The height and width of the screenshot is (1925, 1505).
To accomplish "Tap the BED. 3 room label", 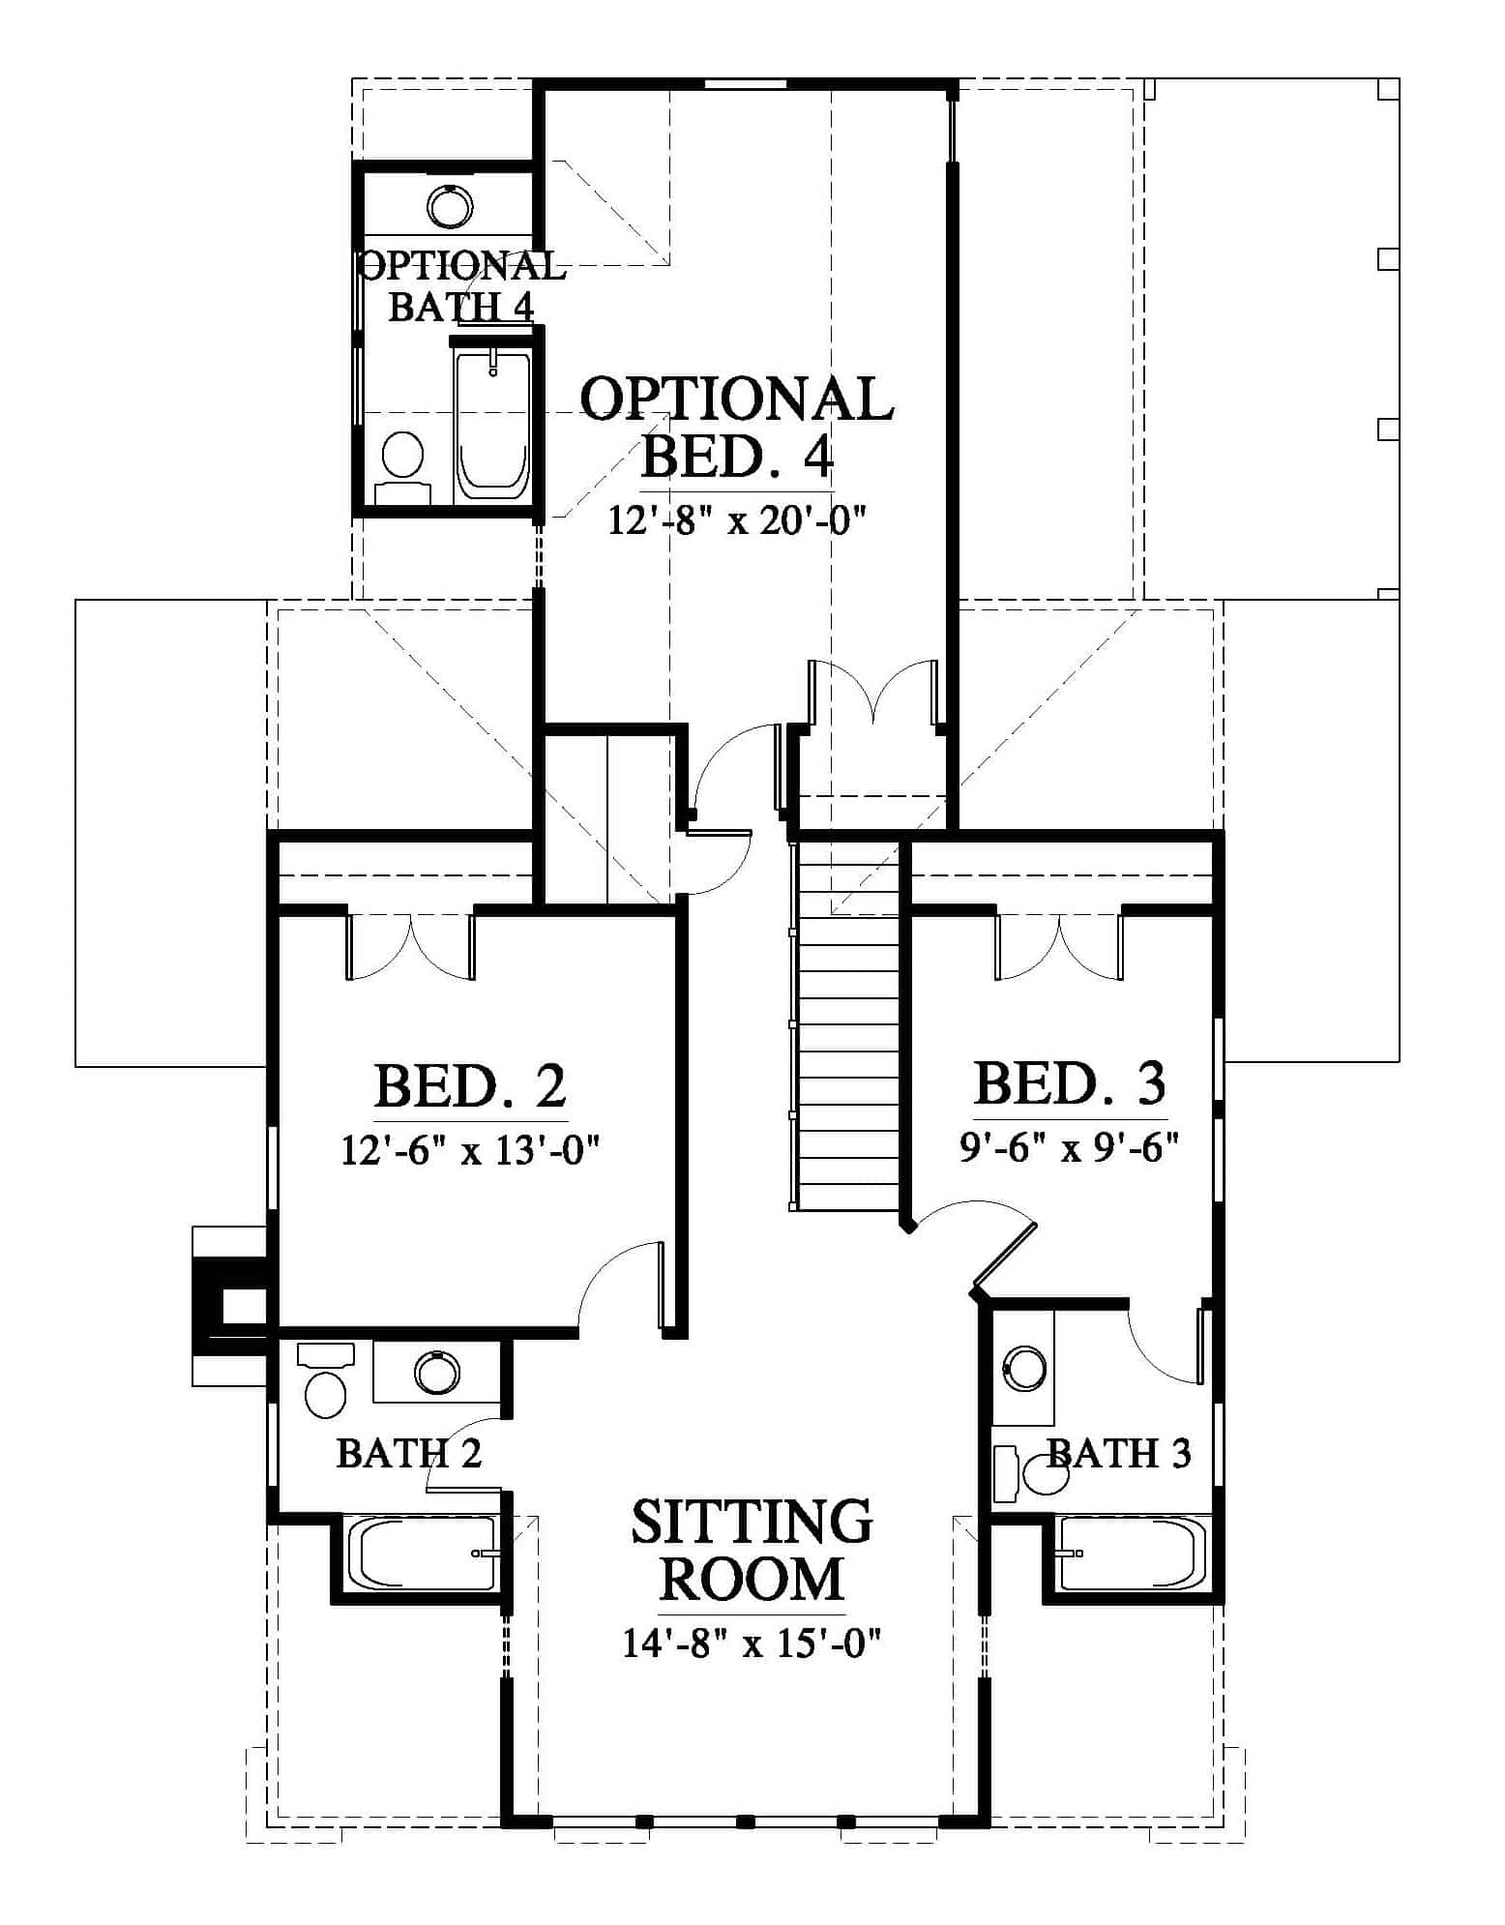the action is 1070,1083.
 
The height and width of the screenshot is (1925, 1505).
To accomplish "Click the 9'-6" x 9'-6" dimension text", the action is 1070,1148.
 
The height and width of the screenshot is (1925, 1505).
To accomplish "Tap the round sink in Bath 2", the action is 437,1371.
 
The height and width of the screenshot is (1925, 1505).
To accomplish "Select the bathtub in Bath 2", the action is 422,1553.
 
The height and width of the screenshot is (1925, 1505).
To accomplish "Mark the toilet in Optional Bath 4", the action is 402,468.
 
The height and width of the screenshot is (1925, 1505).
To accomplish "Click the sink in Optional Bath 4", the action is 450,205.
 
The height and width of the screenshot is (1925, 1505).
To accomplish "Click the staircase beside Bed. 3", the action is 845,1025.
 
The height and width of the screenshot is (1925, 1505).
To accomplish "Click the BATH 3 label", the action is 1119,1453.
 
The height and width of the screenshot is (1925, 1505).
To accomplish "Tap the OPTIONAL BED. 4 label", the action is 737,427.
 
